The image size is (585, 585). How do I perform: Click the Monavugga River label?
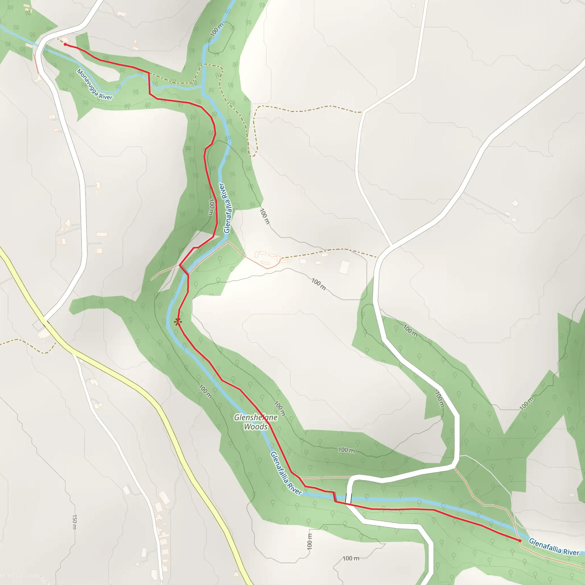pyautogui.click(x=95, y=85)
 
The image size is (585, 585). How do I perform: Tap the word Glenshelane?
pyautogui.click(x=256, y=418)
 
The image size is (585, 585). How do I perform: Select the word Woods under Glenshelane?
pyautogui.click(x=256, y=427)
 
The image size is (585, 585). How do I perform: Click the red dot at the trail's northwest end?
pyautogui.click(x=65, y=45)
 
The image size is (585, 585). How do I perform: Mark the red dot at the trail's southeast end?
pyautogui.click(x=520, y=540)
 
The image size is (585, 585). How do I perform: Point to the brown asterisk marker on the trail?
pyautogui.click(x=178, y=322)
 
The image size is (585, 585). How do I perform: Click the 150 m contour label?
pyautogui.click(x=75, y=521)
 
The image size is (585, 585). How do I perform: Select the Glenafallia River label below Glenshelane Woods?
pyautogui.click(x=286, y=473)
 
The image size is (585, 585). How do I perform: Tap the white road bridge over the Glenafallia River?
pyautogui.click(x=349, y=498)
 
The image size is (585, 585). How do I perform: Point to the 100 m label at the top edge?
pyautogui.click(x=217, y=29)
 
